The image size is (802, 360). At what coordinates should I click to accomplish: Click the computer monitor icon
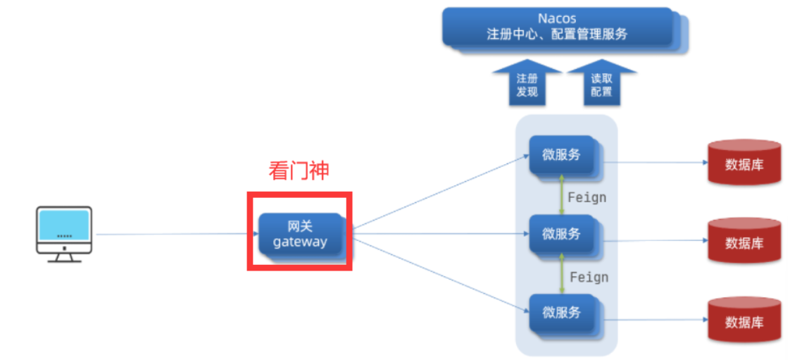coord(64,233)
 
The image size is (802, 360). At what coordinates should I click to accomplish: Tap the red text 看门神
coord(299,170)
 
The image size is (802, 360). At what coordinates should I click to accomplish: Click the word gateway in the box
coord(300,242)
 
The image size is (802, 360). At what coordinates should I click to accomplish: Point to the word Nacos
coord(556,18)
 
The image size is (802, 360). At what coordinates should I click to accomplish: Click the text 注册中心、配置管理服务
coord(556,34)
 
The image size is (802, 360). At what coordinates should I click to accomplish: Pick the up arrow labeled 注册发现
coord(527,84)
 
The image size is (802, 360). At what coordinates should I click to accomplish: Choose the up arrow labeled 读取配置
coord(601,84)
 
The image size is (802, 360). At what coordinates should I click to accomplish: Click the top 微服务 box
coord(562,156)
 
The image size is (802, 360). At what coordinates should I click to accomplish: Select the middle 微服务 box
coord(562,234)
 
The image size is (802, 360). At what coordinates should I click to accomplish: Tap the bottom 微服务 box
coord(562,313)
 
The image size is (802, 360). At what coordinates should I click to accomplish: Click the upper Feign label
coord(587,197)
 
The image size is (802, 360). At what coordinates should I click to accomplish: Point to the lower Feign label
coord(589,277)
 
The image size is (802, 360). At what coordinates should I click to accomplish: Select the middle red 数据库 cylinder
coord(744,241)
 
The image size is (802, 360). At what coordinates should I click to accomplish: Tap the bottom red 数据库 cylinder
coord(744,321)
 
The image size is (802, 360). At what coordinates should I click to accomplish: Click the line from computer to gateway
coord(169,234)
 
